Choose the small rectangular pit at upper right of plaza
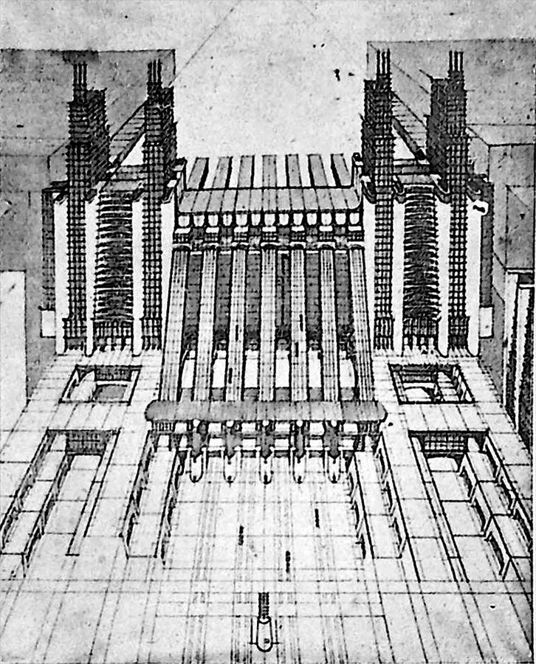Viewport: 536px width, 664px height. click(432, 384)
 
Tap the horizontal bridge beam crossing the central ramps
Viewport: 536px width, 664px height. click(266, 412)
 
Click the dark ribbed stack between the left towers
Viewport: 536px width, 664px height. click(114, 258)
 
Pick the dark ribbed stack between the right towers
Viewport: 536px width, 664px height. click(421, 258)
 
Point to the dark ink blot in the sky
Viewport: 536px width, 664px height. click(337, 74)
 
